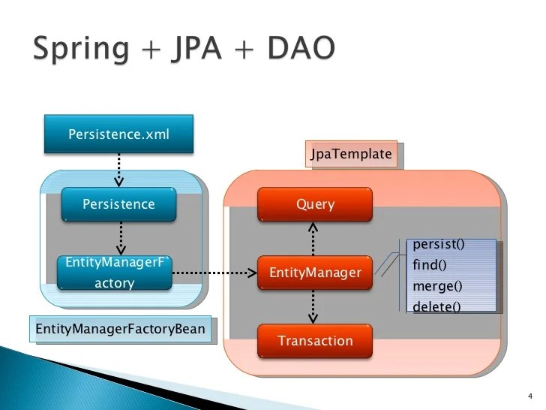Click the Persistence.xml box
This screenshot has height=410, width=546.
pyautogui.click(x=118, y=135)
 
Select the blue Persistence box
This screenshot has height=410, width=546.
pyautogui.click(x=118, y=204)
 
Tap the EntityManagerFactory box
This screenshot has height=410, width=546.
pyautogui.click(x=114, y=273)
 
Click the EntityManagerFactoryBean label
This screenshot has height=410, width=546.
pyautogui.click(x=120, y=329)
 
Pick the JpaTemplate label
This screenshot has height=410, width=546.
pyautogui.click(x=351, y=154)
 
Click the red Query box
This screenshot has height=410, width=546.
pyautogui.click(x=315, y=204)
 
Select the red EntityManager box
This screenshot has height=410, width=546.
pyautogui.click(x=315, y=273)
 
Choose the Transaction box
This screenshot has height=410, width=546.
pyautogui.click(x=315, y=341)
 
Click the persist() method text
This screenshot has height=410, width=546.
pyautogui.click(x=439, y=245)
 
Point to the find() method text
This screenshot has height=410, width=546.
pyautogui.click(x=430, y=265)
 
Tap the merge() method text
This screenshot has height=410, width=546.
pyautogui.click(x=437, y=286)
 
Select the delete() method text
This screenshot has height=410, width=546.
pyautogui.click(x=436, y=306)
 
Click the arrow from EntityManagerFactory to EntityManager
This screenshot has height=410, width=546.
pyautogui.click(x=214, y=273)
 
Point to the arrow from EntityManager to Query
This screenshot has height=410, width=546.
pyautogui.click(x=315, y=239)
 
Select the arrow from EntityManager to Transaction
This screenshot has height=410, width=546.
pyautogui.click(x=315, y=307)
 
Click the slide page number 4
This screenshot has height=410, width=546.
pyautogui.click(x=530, y=396)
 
